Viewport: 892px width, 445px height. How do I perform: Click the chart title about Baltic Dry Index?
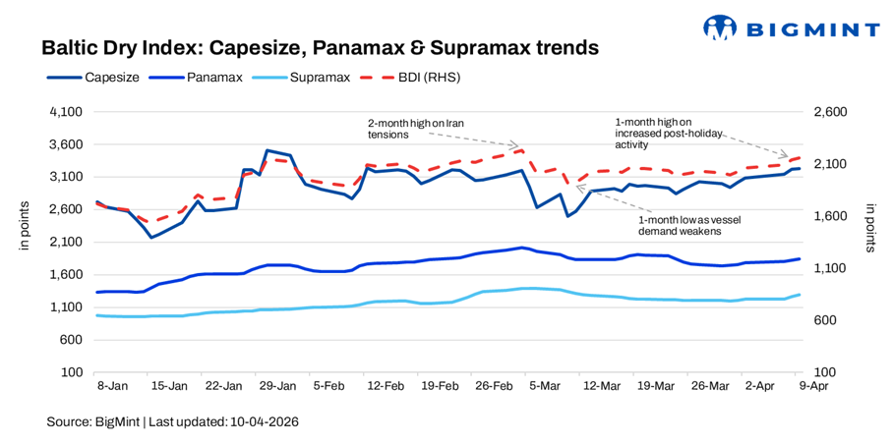tap(319, 47)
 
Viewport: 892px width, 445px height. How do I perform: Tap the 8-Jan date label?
tap(109, 387)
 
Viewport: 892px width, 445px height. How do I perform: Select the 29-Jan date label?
tap(278, 387)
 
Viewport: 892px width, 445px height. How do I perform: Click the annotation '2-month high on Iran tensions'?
tap(415, 129)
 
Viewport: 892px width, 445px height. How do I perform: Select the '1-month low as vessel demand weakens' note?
tap(682, 226)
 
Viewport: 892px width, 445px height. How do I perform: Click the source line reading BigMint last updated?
tap(172, 421)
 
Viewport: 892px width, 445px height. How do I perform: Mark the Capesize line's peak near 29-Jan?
tap(267, 150)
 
